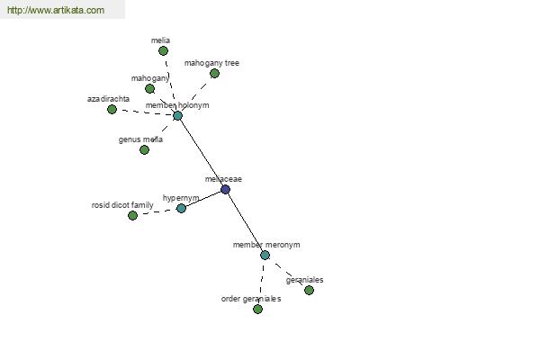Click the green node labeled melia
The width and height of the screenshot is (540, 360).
(x=163, y=50)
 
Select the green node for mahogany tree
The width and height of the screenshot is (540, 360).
(x=214, y=74)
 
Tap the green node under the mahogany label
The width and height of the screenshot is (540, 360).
(x=149, y=88)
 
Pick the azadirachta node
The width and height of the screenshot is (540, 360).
(x=112, y=110)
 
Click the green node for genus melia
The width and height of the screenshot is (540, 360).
(x=144, y=149)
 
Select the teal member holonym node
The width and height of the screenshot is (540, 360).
(x=177, y=115)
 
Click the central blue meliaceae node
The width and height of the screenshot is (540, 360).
(x=225, y=189)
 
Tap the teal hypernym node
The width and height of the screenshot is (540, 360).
(x=181, y=208)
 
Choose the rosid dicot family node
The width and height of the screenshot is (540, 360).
(x=132, y=215)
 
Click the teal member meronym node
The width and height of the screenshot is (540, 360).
(x=265, y=255)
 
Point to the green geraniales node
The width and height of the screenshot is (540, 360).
(x=309, y=290)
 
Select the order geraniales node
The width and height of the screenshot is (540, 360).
(x=257, y=309)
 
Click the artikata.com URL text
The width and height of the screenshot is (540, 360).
(x=56, y=11)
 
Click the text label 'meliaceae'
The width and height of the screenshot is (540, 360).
(x=223, y=179)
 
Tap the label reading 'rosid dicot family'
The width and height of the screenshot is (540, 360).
(x=122, y=205)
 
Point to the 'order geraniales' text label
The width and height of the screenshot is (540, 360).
(x=251, y=299)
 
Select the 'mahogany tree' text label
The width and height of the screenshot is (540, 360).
(x=211, y=63)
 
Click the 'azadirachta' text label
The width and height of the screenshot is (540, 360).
(x=108, y=98)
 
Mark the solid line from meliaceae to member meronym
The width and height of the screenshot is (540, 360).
(x=245, y=222)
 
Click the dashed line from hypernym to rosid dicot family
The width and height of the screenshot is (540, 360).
(x=157, y=211)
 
